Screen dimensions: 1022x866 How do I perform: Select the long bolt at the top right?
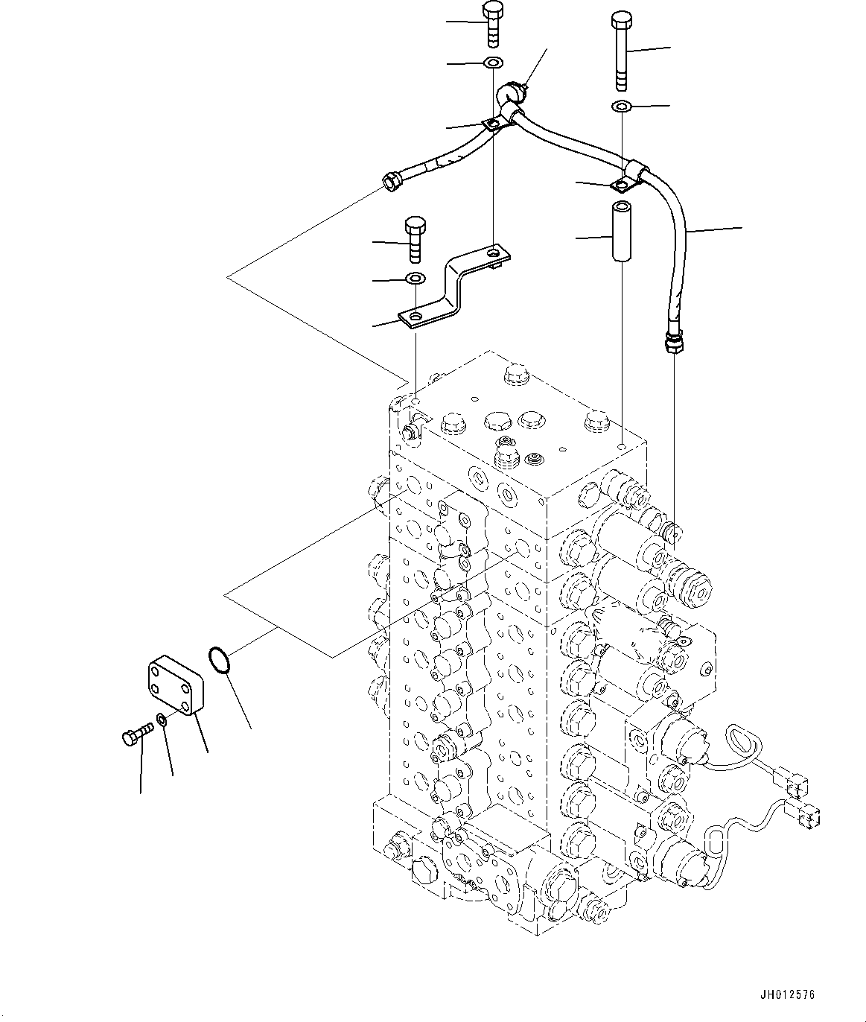622,48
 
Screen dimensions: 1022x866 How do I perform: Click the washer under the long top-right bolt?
622,107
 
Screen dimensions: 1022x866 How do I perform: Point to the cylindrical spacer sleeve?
622,230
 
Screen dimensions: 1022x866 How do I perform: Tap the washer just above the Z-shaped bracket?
415,279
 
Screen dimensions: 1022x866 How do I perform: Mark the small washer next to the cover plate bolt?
161,721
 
